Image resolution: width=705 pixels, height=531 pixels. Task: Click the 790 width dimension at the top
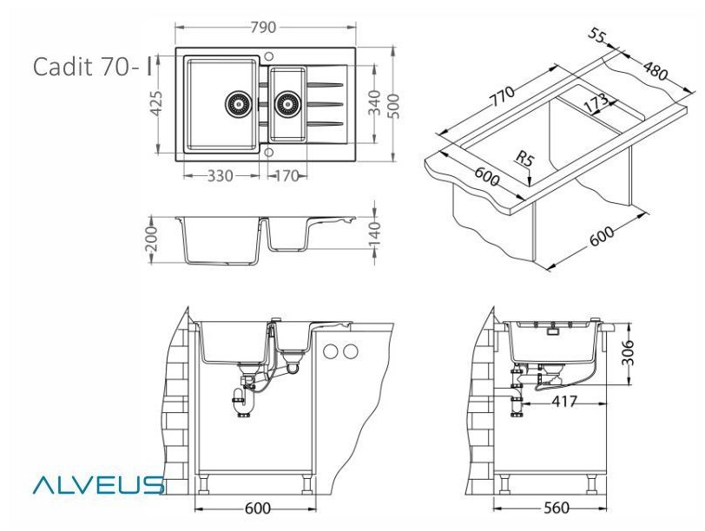click(x=263, y=28)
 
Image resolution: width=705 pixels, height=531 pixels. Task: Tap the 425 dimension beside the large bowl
click(x=156, y=103)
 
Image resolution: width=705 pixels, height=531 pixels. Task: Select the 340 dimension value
click(x=374, y=103)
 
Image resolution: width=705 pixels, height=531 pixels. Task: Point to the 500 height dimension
click(x=393, y=106)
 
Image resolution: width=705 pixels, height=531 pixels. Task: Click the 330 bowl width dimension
click(x=221, y=175)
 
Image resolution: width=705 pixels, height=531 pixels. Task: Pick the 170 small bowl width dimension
click(x=287, y=175)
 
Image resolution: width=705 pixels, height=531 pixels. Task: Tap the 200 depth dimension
click(x=152, y=239)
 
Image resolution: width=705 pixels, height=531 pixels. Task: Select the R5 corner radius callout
click(x=524, y=159)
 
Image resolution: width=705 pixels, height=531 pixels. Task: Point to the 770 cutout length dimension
click(x=502, y=95)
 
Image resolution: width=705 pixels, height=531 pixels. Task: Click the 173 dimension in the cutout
click(x=596, y=103)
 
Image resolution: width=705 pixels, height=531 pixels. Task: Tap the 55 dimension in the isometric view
click(x=597, y=35)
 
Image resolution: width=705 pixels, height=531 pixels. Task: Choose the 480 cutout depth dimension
click(x=656, y=70)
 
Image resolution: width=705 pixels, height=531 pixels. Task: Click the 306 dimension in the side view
click(x=628, y=353)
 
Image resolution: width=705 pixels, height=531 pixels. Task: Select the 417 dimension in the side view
click(x=563, y=401)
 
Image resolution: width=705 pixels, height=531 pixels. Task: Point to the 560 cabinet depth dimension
click(x=557, y=508)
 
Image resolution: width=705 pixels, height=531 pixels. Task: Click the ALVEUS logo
click(x=98, y=485)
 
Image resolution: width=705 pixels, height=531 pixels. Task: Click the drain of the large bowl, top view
click(x=237, y=104)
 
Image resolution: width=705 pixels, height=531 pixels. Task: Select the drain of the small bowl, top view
click(x=287, y=104)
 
